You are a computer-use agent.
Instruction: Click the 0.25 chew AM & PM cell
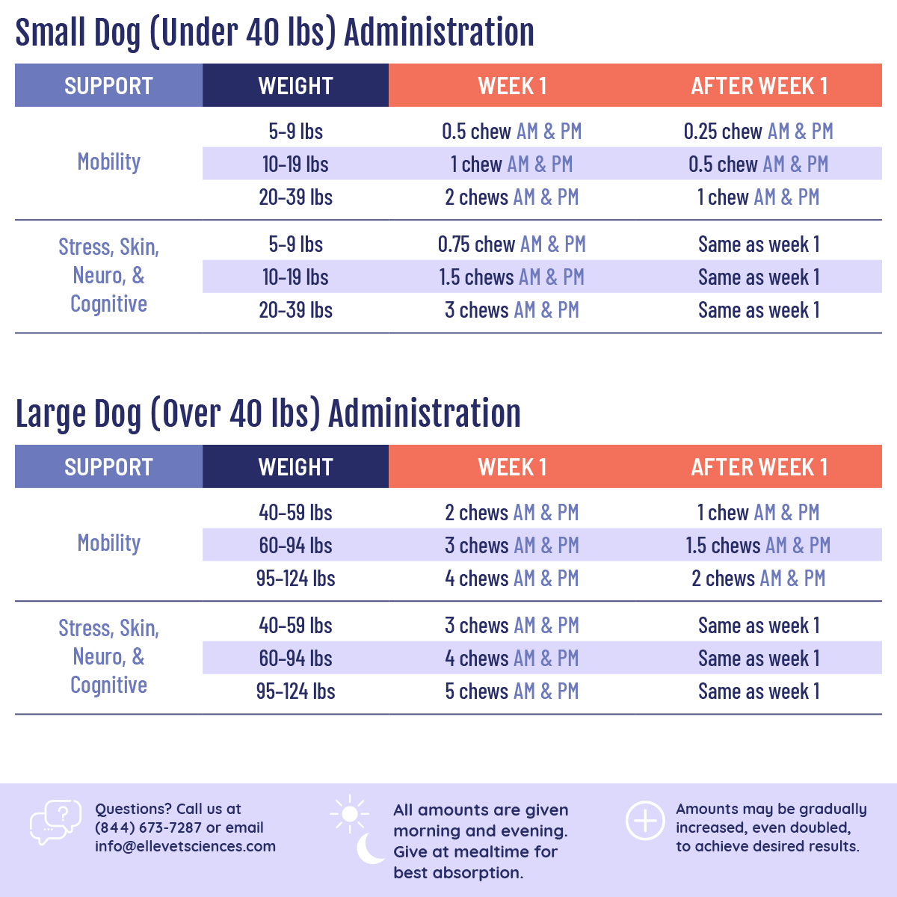point(758,132)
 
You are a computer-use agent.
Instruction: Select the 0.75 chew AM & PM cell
point(511,244)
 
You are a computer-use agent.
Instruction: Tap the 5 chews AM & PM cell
point(511,691)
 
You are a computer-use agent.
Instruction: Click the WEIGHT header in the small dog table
point(295,86)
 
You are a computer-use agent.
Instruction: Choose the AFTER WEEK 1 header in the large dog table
point(759,467)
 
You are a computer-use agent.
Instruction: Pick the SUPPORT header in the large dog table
point(108,467)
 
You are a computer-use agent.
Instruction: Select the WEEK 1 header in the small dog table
point(512,86)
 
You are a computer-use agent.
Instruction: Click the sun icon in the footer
point(349,813)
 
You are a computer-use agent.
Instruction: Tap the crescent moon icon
point(370,848)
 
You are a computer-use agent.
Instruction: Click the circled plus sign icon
point(645,821)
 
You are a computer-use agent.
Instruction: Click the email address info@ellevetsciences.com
point(185,846)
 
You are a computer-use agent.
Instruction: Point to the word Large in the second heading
point(49,415)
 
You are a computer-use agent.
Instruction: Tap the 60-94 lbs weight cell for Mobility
point(295,546)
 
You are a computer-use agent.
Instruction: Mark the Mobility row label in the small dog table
point(109,162)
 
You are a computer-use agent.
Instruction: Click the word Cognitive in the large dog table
point(109,685)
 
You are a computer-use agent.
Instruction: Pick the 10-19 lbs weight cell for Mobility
point(295,164)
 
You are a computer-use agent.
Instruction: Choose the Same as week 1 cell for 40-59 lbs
point(759,626)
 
